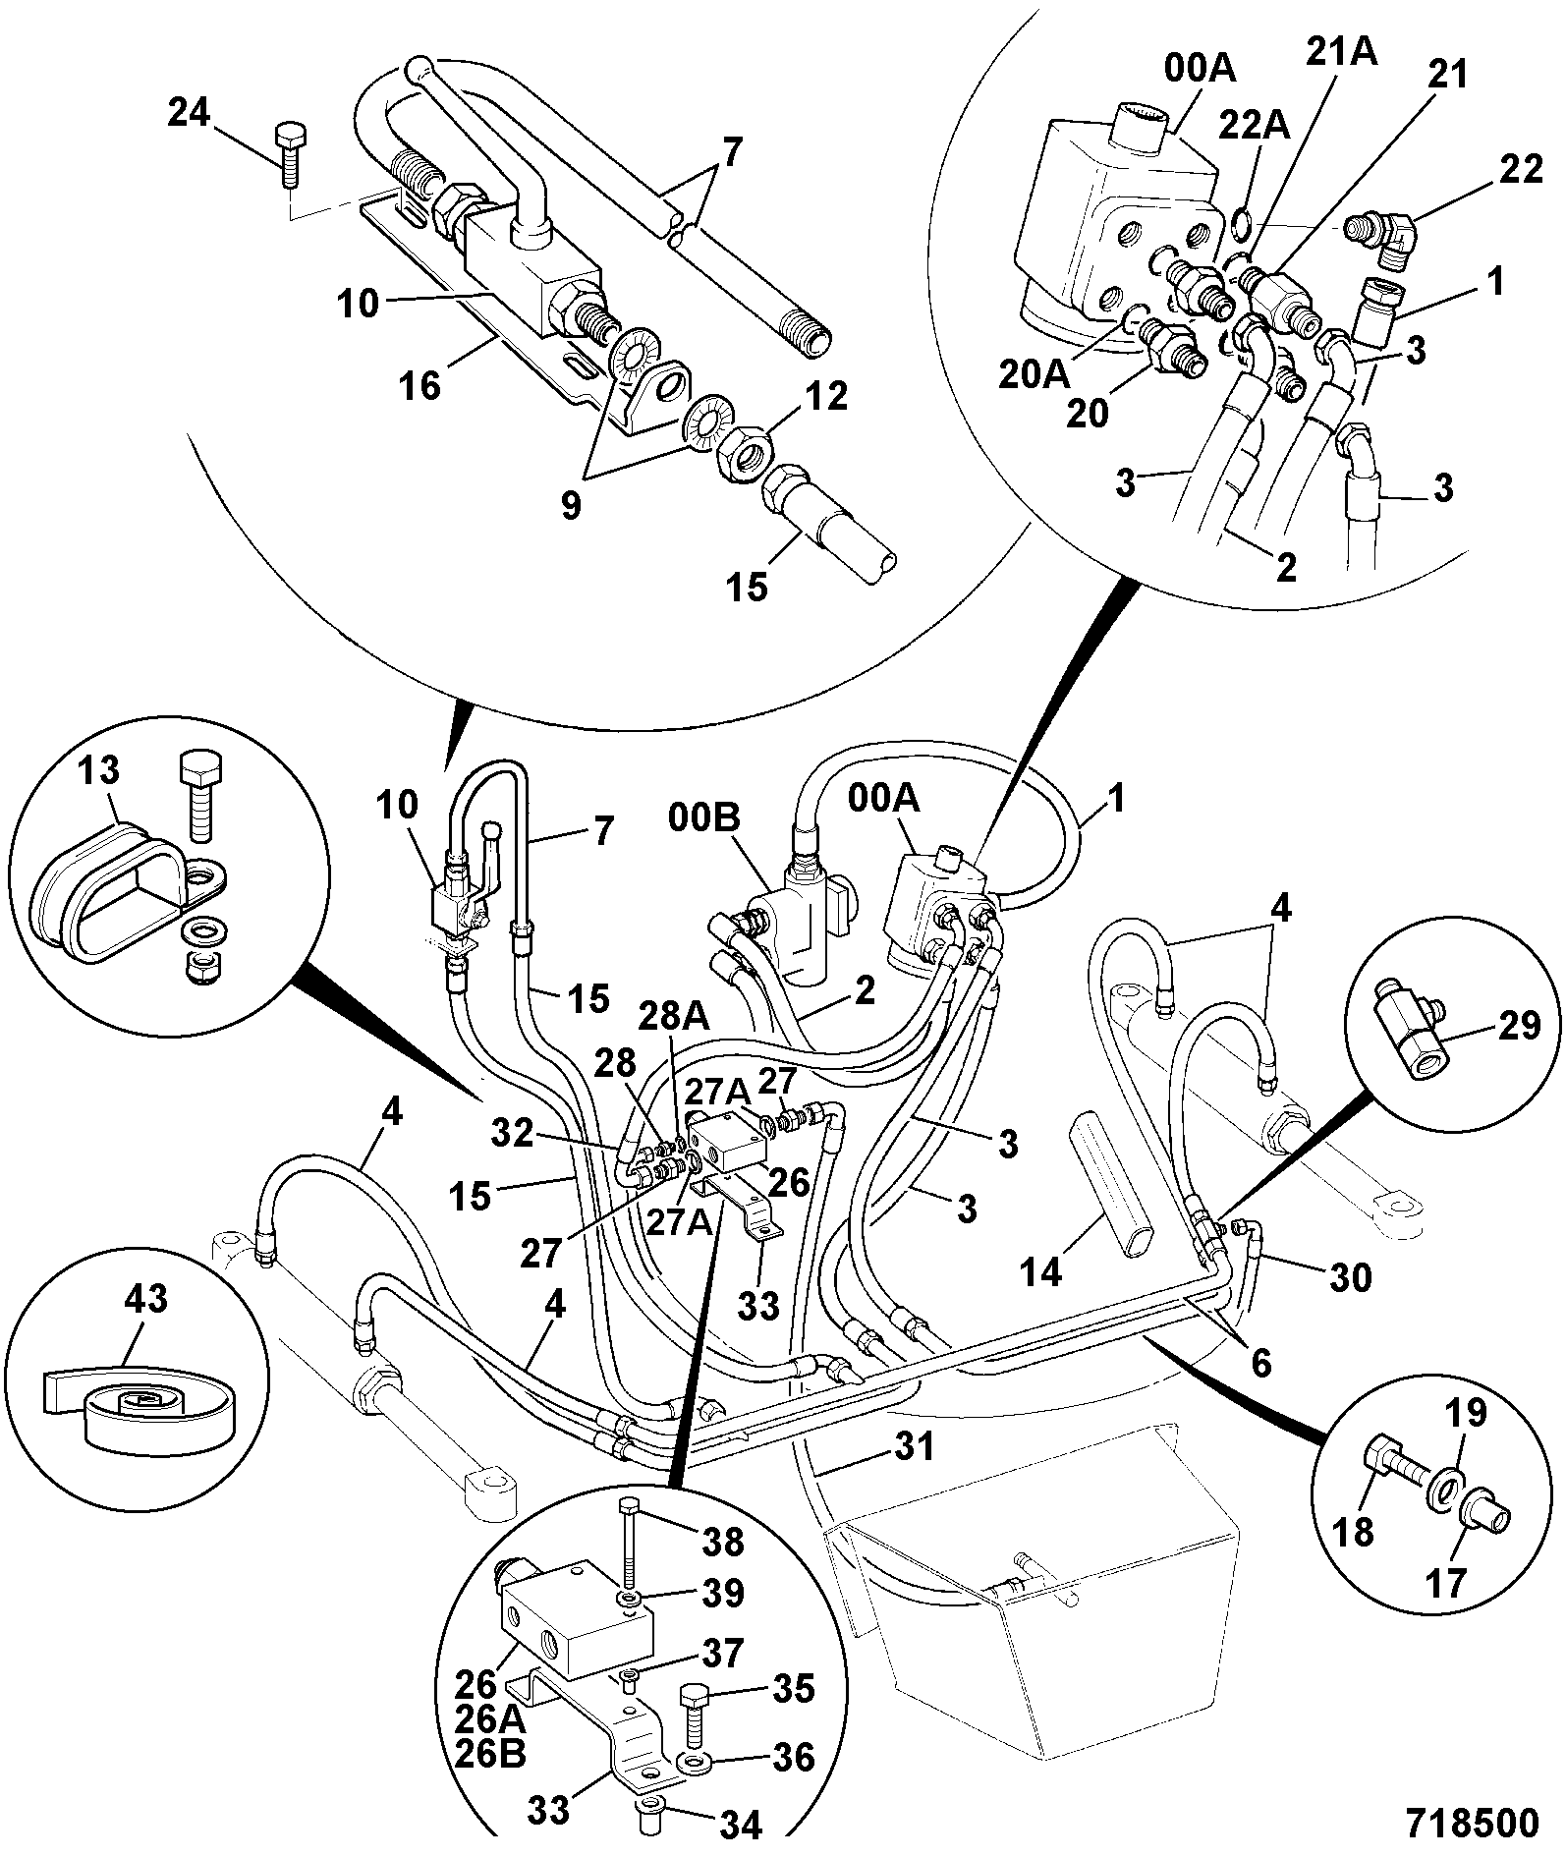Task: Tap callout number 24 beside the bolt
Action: coord(189,113)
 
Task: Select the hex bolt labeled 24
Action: coord(289,153)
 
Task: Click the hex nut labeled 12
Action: coord(745,456)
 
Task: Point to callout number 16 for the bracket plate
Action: coord(420,385)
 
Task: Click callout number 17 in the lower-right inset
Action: coord(1444,1583)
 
